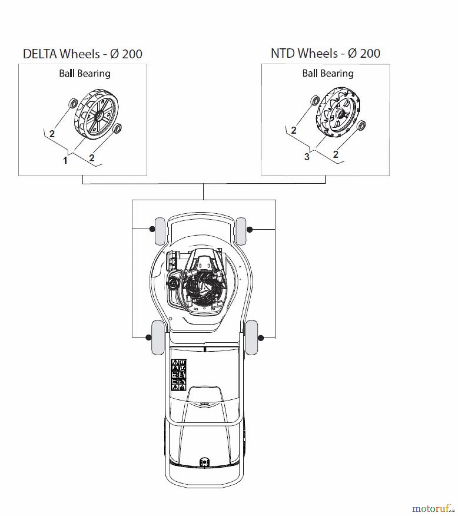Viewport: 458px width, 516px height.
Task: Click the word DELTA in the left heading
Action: pyautogui.click(x=41, y=54)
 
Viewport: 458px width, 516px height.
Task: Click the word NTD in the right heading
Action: pyautogui.click(x=283, y=53)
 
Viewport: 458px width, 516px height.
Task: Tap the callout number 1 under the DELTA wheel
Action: pyautogui.click(x=65, y=160)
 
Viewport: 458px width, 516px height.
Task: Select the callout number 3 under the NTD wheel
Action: pyautogui.click(x=307, y=157)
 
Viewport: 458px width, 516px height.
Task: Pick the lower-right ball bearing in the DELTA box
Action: pyautogui.click(x=118, y=128)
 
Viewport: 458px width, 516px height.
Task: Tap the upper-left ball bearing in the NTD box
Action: pyautogui.click(x=315, y=101)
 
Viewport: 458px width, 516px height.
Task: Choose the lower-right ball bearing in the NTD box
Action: pyautogui.click(x=362, y=125)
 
